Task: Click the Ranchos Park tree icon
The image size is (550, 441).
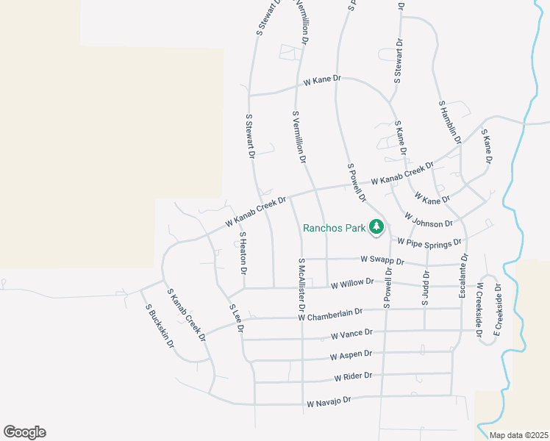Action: click(x=376, y=226)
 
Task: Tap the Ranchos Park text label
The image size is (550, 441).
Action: click(x=335, y=228)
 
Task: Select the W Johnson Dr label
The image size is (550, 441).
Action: click(x=429, y=219)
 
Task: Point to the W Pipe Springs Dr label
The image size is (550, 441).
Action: click(x=429, y=241)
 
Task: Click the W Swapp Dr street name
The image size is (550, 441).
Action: click(x=382, y=260)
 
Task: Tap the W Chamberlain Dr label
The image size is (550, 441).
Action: click(x=331, y=315)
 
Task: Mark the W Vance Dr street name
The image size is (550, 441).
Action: click(x=352, y=334)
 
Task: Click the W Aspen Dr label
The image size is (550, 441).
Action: click(x=351, y=355)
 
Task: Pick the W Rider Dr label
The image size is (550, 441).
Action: click(x=354, y=376)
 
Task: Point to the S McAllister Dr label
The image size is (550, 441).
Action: click(x=301, y=284)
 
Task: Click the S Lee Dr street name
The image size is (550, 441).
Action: click(x=235, y=318)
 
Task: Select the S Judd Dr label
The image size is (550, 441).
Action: click(x=425, y=287)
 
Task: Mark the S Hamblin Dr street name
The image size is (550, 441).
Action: click(x=449, y=122)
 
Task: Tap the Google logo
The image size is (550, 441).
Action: click(x=25, y=432)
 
